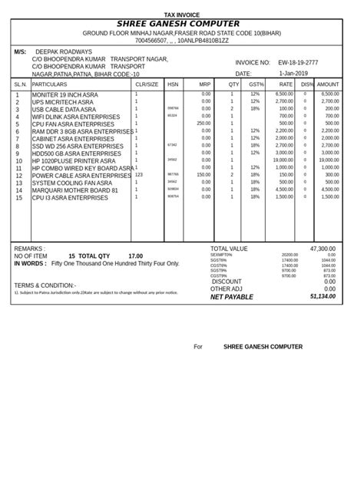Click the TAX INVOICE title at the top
coord(182,15)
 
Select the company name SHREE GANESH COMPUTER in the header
coord(182,25)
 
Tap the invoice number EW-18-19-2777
coord(297,62)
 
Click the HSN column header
coord(173,84)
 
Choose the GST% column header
coord(256,84)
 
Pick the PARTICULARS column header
coord(50,84)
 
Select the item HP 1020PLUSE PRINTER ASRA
coord(73,160)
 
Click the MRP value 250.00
coord(204,123)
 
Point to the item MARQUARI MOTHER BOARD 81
coord(75,190)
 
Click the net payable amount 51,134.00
coord(323,296)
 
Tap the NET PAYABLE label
coord(231,296)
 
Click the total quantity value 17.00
coord(135,256)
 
